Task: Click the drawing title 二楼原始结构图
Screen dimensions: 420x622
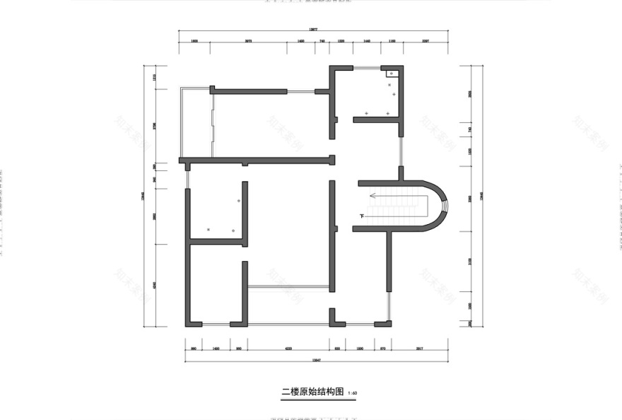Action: [312, 391]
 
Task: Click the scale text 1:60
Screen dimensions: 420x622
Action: [353, 393]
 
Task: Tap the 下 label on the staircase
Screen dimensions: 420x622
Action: [363, 216]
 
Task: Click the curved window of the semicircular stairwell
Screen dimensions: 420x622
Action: [445, 206]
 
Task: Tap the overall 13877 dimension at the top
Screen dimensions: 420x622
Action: [313, 30]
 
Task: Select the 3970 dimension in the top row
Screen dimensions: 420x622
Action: [248, 42]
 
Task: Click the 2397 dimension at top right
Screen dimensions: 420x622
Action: [426, 42]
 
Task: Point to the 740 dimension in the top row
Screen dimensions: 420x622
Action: [322, 42]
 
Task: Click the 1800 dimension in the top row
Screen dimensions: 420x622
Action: [194, 42]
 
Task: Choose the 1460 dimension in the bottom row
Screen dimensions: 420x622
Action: [216, 349]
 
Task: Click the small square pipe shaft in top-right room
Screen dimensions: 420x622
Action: [391, 73]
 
